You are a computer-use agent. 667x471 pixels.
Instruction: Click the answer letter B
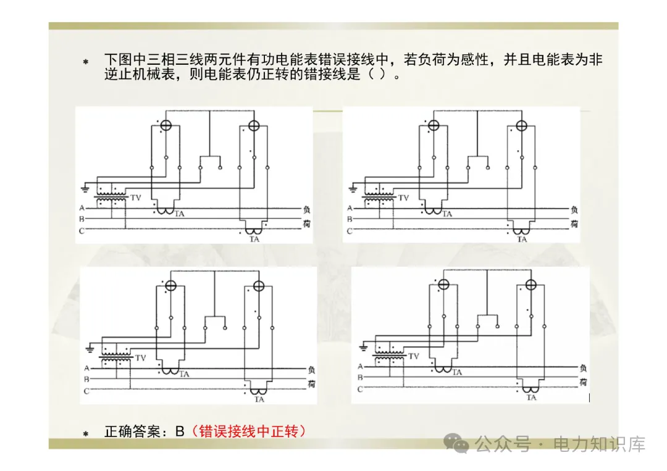pos(180,431)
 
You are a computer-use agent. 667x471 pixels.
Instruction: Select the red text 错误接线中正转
pos(249,431)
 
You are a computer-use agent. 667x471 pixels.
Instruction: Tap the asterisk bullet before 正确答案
pos(86,434)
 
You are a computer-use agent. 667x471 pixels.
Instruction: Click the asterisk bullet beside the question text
pos(86,62)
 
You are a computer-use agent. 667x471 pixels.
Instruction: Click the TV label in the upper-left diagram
pos(136,198)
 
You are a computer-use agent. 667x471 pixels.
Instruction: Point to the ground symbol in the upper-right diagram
pos(353,186)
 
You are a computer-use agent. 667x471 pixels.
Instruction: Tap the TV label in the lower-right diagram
pos(414,356)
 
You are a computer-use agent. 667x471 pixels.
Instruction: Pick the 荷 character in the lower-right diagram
pos(582,383)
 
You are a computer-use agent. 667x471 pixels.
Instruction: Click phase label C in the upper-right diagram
pos(349,231)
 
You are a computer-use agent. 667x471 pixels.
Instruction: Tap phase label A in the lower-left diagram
pos(86,369)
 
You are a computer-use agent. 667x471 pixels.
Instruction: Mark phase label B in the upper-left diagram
pos(81,219)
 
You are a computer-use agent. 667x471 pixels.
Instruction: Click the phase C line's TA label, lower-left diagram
pos(259,399)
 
